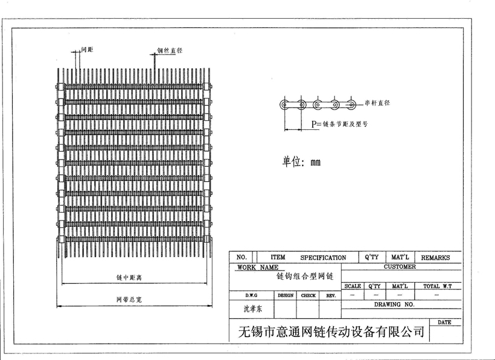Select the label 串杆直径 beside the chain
pos(377,103)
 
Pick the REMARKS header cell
pos(435,257)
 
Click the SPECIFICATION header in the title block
pos(323,257)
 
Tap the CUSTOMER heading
pos(400,266)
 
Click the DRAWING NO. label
pos(394,304)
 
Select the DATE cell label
pos(444,322)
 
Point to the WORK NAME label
pos(258,266)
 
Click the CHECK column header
pos(308,295)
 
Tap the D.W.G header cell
pos(252,295)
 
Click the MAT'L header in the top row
pos(400,257)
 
